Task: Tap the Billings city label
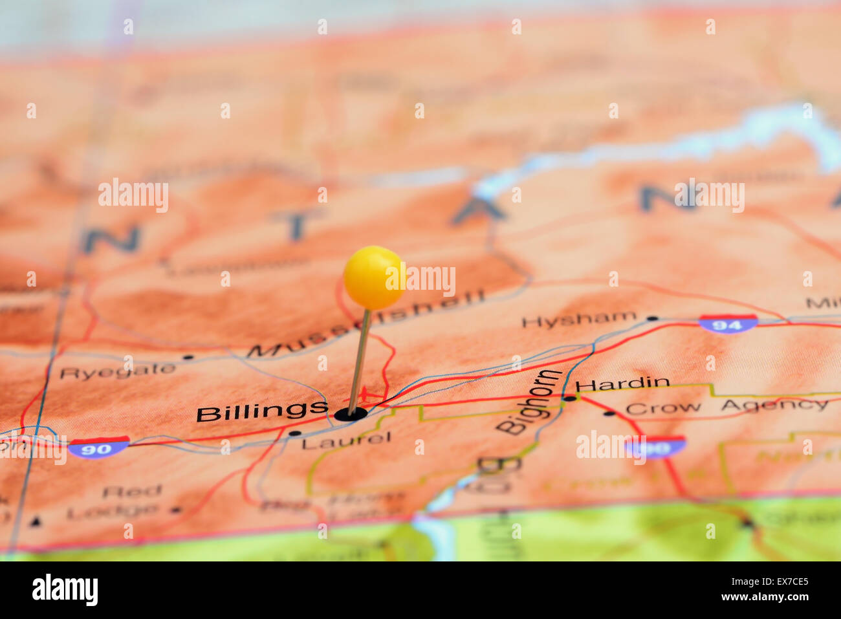coord(262,411)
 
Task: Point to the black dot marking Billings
coord(351,414)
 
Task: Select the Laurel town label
coord(346,440)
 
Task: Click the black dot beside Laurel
coord(295,433)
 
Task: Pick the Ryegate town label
coord(117,371)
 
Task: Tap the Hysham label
coord(579,319)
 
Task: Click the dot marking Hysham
coord(653,318)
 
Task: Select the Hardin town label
coord(622,383)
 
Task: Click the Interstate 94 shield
coord(728,323)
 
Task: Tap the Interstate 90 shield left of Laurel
coord(98,447)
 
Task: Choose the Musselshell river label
coord(366,323)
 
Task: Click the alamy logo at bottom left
coord(65,590)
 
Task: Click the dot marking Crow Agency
coord(609,413)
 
